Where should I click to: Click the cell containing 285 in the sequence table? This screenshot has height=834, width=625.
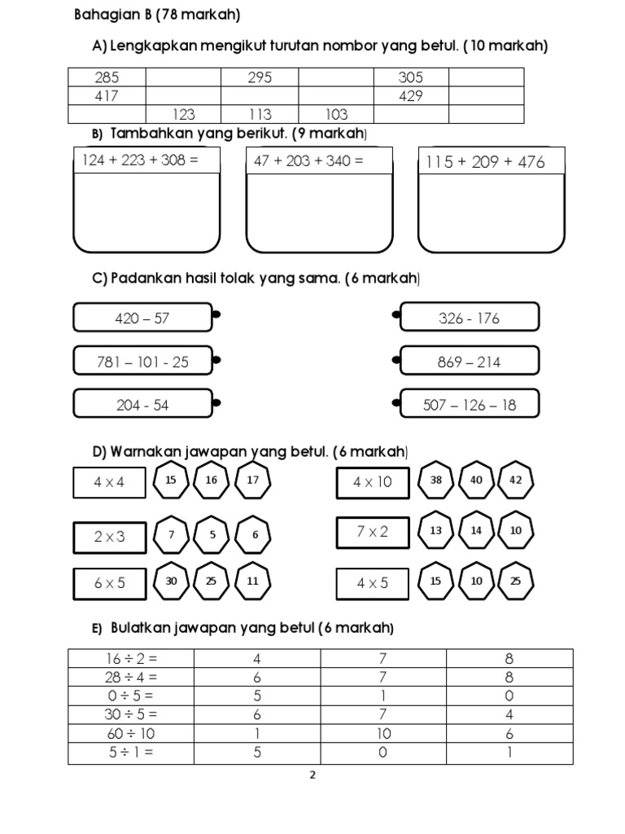click(107, 77)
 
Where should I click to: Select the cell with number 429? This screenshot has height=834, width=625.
click(411, 96)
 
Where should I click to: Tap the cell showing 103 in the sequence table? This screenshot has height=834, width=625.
click(336, 115)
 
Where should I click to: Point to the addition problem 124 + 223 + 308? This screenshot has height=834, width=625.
click(141, 160)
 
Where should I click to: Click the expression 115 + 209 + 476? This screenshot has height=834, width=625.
click(485, 161)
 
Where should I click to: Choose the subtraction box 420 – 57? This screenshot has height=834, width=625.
click(142, 318)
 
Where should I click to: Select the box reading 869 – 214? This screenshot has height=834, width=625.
click(469, 362)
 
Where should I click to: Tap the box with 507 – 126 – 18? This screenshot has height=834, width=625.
click(469, 405)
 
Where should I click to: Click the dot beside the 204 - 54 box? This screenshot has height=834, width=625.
click(216, 402)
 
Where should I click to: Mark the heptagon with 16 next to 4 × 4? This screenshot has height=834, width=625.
click(212, 481)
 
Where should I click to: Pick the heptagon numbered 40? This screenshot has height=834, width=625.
click(476, 481)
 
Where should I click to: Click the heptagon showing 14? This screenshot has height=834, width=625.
click(476, 531)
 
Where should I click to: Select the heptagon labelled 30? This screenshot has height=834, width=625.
click(171, 582)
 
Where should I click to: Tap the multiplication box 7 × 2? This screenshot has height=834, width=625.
click(372, 532)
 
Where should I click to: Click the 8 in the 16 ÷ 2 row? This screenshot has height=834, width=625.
click(509, 658)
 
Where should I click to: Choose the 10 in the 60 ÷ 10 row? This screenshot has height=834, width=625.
click(383, 734)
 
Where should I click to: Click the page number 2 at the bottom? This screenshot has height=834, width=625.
click(312, 775)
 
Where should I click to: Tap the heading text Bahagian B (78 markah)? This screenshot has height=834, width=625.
click(157, 15)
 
